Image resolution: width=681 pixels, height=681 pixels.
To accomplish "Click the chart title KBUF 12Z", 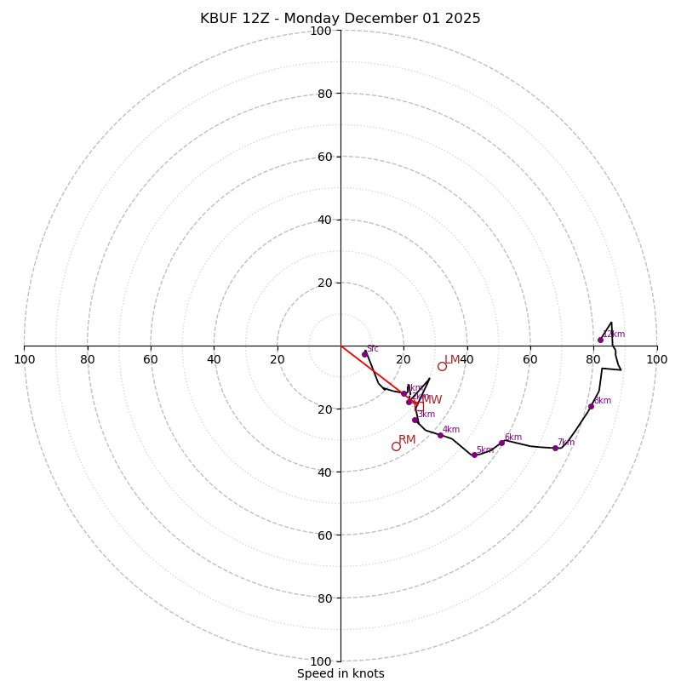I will [x=340, y=19].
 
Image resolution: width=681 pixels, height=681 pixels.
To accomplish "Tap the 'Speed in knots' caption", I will [x=340, y=673].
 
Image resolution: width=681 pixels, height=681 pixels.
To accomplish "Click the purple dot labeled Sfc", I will [x=364, y=354].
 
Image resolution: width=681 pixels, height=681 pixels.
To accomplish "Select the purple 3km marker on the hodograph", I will [x=415, y=420].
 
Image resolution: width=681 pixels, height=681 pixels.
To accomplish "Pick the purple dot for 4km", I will [x=440, y=435].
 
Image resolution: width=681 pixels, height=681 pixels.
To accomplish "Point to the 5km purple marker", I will [x=474, y=455].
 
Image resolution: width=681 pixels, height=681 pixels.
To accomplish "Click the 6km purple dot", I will [x=501, y=443].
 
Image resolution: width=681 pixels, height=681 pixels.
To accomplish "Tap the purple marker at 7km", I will [x=555, y=448].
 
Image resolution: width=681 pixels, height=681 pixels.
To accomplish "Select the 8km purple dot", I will [x=591, y=406].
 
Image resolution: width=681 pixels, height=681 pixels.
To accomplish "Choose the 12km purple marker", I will [x=600, y=340].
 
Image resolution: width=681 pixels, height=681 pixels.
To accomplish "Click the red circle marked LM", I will [x=442, y=366].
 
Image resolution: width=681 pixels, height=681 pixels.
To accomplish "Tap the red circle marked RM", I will [x=396, y=446].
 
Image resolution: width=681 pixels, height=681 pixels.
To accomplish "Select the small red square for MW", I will [x=419, y=407].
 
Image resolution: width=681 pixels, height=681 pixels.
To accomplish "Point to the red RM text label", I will [x=407, y=439].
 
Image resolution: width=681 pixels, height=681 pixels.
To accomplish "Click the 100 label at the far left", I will [x=24, y=359].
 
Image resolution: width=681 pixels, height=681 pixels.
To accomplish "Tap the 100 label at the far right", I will [x=656, y=359].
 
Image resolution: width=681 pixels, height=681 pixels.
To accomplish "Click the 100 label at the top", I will [x=321, y=31].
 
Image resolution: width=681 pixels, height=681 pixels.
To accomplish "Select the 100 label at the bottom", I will [x=321, y=661].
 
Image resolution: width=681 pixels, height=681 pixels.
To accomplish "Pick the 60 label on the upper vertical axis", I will [x=324, y=157].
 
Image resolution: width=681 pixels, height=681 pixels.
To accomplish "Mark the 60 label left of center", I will [x=151, y=359].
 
